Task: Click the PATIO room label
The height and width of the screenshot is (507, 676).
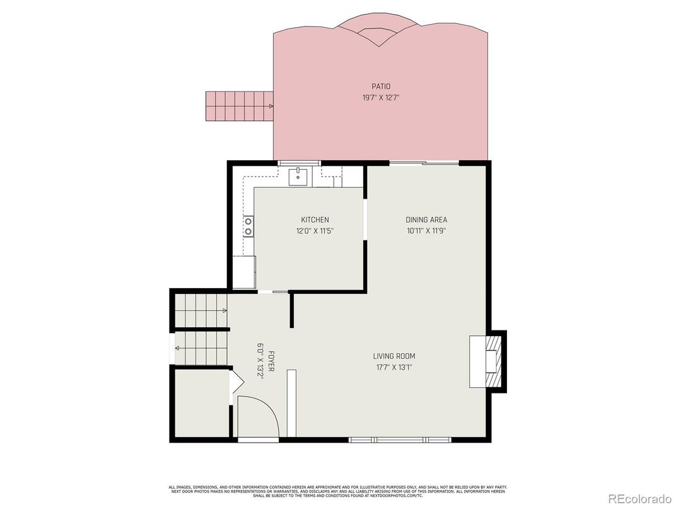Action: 381,86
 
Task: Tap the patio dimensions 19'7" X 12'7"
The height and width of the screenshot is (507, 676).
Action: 381,98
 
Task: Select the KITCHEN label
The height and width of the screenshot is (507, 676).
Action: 314,219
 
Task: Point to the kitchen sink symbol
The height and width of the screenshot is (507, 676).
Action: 298,177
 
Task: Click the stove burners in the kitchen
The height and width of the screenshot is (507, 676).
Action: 248,226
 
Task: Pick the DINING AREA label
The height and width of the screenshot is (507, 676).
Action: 426,219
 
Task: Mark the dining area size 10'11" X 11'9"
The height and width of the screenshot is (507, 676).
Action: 426,231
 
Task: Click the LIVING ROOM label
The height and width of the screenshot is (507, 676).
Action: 392,356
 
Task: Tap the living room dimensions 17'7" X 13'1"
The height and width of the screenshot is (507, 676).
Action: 392,368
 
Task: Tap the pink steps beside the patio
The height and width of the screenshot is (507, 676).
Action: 238,107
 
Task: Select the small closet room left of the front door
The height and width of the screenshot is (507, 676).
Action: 201,404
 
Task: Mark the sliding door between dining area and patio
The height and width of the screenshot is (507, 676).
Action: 424,163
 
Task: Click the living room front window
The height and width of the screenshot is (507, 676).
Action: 399,439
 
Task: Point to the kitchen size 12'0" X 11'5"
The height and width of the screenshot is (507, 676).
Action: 314,231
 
